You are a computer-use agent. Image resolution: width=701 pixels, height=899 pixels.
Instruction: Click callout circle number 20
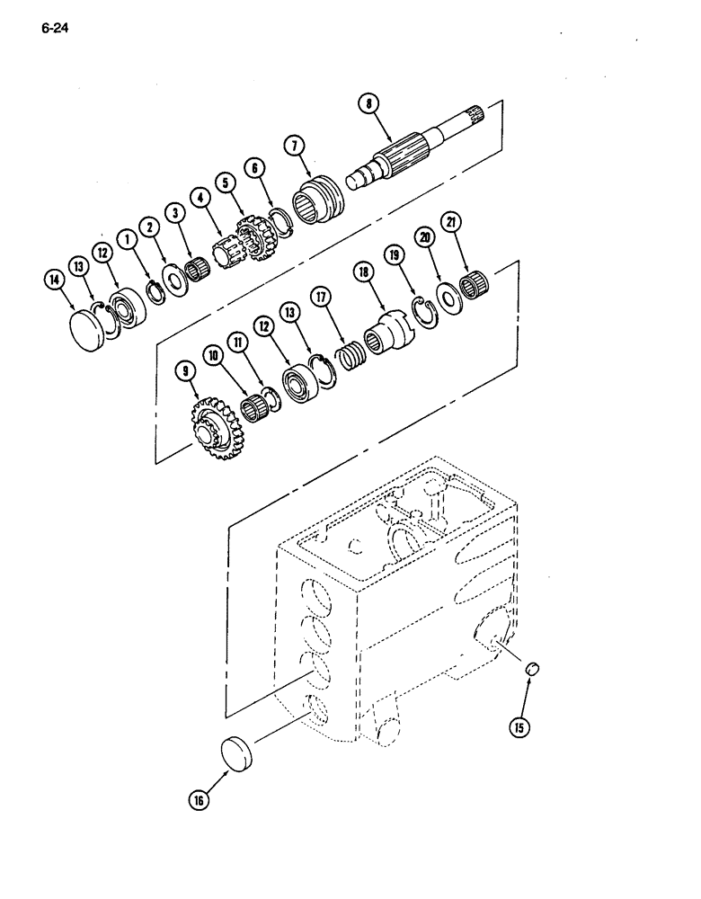pyautogui.click(x=424, y=237)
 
